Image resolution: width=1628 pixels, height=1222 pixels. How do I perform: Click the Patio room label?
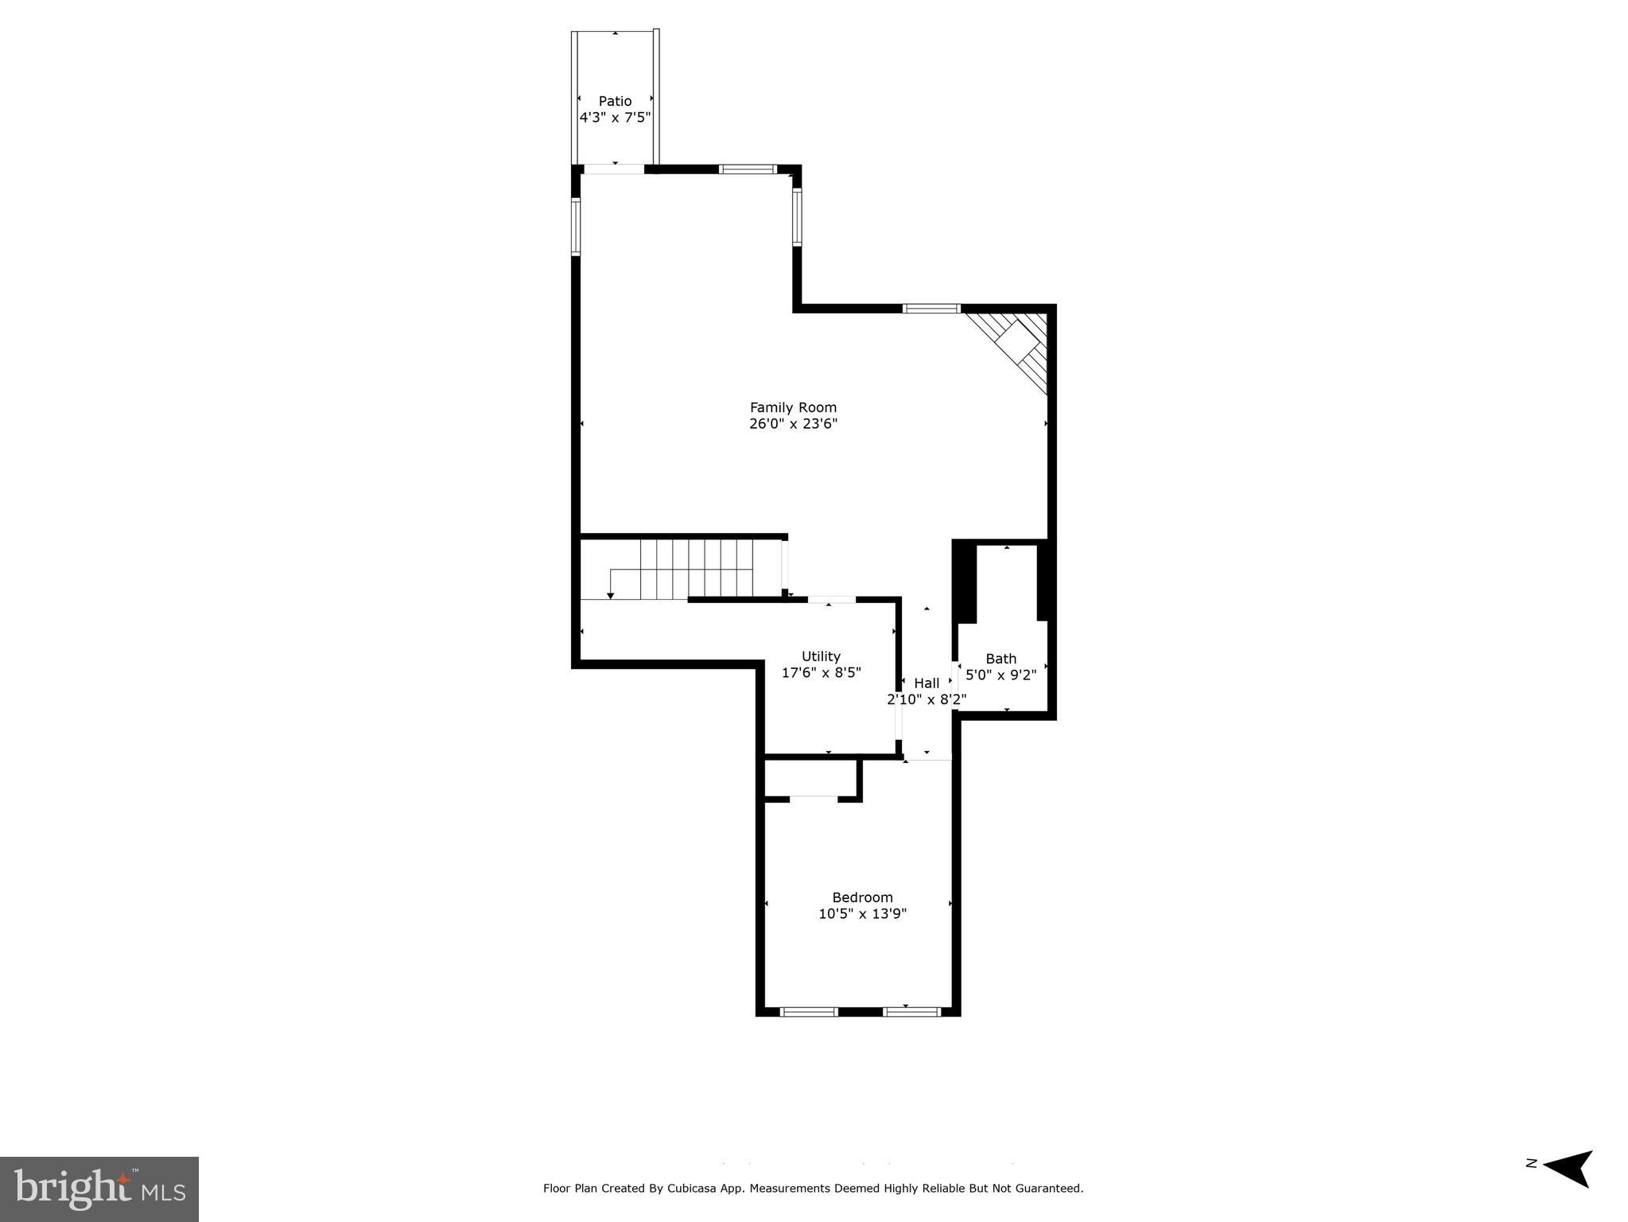point(615,101)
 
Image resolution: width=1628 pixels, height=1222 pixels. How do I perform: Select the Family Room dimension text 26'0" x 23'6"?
point(793,424)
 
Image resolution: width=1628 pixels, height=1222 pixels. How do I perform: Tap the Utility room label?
point(821,656)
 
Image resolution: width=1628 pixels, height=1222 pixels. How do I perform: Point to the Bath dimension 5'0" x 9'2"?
point(1001,675)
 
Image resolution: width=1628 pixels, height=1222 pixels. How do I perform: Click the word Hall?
point(927,683)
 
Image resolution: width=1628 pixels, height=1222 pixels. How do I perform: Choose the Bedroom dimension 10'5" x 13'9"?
point(862,914)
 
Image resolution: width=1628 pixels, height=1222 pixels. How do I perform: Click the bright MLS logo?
point(99,1189)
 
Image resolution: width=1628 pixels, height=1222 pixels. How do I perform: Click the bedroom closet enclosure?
point(810,778)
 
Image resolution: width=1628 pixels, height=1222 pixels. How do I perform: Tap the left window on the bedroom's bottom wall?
point(809,1012)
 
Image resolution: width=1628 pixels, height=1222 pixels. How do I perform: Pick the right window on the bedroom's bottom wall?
point(911,1012)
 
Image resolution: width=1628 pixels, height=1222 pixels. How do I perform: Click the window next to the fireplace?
point(931,309)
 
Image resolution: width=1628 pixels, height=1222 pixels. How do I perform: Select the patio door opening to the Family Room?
point(614,169)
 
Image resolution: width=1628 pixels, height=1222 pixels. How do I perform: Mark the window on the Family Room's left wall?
point(576,226)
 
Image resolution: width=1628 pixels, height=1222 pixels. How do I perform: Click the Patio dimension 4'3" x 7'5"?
point(615,118)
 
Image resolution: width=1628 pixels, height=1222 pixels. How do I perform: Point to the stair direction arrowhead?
point(610,595)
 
